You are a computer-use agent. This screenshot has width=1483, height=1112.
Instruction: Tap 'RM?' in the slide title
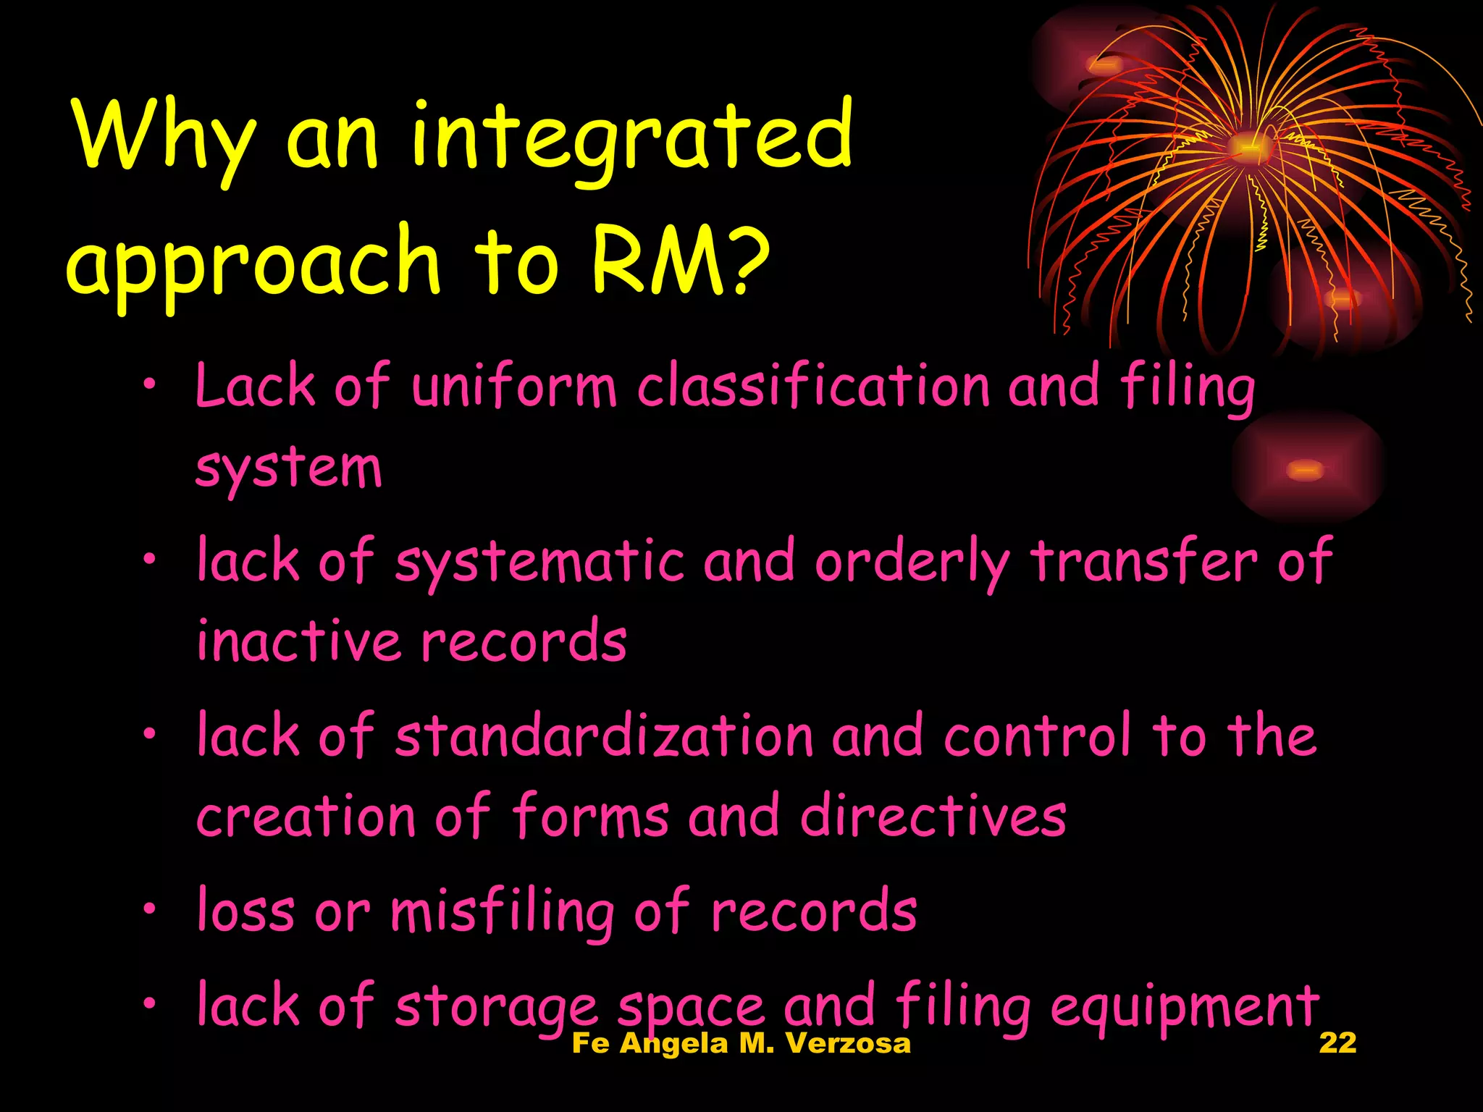[679, 261]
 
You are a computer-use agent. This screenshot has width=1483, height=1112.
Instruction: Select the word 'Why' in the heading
[164, 138]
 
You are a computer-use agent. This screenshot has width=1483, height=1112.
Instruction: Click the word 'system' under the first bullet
[288, 469]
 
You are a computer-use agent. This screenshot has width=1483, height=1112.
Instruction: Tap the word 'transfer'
[1144, 561]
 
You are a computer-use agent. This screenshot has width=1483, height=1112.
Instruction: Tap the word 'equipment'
[1185, 1007]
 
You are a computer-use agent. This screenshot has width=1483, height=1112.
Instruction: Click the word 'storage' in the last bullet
[496, 1007]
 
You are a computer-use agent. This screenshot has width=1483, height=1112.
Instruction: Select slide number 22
[1337, 1042]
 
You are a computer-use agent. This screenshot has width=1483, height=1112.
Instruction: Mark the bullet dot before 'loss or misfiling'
[149, 908]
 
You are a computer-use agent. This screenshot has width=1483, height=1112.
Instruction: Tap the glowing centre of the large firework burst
[1247, 147]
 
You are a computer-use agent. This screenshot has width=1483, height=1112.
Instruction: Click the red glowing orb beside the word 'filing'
[1305, 470]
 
